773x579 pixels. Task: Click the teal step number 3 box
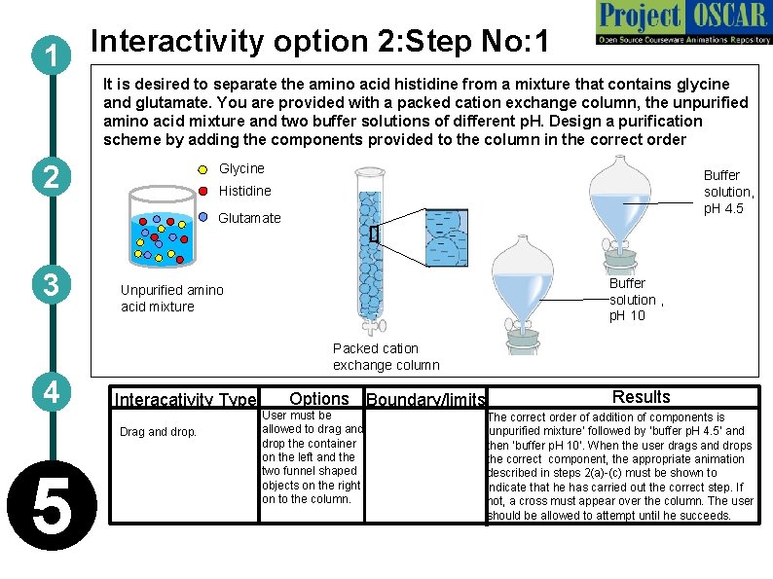pyautogui.click(x=47, y=284)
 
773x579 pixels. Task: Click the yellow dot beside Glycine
pyautogui.click(x=202, y=170)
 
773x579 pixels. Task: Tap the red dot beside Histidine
pyautogui.click(x=203, y=192)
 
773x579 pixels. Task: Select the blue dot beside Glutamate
pyautogui.click(x=203, y=217)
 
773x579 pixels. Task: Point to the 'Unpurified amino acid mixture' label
pyautogui.click(x=171, y=298)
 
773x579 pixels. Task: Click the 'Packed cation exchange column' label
pyautogui.click(x=386, y=356)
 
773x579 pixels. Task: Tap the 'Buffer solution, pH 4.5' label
pyautogui.click(x=728, y=192)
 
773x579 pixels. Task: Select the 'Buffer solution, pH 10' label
pyautogui.click(x=634, y=299)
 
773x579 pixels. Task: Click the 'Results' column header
pyautogui.click(x=641, y=397)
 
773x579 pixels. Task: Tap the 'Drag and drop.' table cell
pyautogui.click(x=157, y=432)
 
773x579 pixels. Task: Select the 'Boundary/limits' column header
pyautogui.click(x=425, y=400)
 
